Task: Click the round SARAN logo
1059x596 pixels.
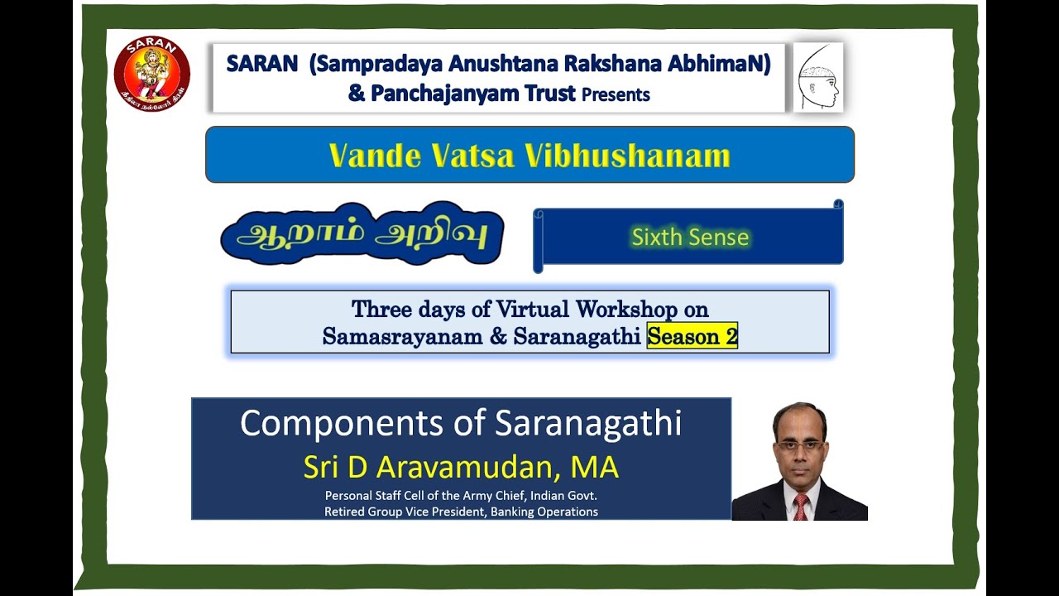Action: pos(152,74)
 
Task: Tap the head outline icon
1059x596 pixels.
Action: pos(817,77)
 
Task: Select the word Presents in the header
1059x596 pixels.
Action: pos(616,94)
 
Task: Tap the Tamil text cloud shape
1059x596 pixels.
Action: pos(362,233)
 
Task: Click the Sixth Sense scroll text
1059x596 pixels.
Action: pos(690,238)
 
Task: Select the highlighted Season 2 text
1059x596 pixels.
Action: pos(692,337)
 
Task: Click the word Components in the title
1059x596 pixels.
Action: pos(343,423)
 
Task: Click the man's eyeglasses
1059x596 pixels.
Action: pos(799,445)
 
